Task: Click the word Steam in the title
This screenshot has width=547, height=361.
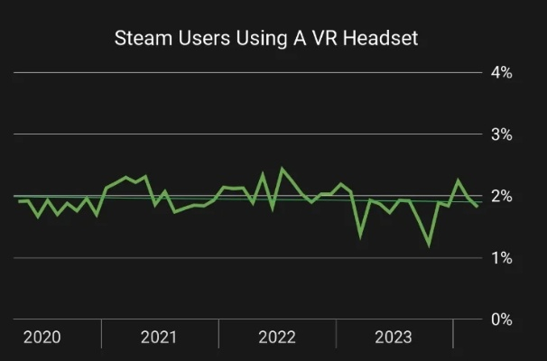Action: coord(138,39)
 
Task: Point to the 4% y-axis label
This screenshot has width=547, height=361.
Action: coord(501,73)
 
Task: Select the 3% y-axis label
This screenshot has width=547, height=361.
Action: coord(501,134)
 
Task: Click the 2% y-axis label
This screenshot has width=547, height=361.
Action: coord(501,197)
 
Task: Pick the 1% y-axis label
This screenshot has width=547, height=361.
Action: coord(501,258)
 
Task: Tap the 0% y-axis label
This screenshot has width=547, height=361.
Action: coord(501,319)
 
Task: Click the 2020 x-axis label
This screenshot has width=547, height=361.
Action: coord(42,338)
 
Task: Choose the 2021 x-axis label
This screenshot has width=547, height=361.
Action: coord(159,338)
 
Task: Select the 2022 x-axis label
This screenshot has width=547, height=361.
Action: coord(276,338)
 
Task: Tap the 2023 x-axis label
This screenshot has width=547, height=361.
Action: coord(394,338)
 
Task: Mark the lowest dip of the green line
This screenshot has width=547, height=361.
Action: coord(429,245)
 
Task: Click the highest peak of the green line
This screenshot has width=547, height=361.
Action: coord(282,168)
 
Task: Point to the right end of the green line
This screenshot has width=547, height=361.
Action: coord(477,207)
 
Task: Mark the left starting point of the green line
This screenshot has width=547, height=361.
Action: coord(18,200)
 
